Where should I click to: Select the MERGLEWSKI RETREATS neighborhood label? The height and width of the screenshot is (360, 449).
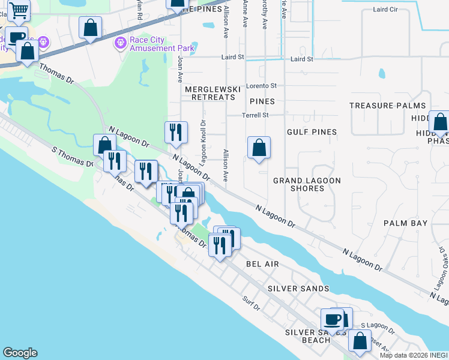coord(209,93)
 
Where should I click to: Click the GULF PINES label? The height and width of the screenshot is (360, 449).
coord(312,132)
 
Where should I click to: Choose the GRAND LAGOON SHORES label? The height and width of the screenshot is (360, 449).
coord(307,184)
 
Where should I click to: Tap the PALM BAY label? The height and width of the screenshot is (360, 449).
coord(406,223)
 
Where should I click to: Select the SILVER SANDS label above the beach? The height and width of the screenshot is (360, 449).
coord(298,289)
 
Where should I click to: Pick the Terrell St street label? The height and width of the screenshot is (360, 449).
coord(255,115)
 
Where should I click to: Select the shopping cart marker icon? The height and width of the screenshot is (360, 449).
coord(19,10)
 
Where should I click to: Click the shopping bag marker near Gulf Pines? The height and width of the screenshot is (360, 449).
coord(259,148)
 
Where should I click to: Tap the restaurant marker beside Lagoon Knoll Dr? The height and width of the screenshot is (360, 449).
coord(176,133)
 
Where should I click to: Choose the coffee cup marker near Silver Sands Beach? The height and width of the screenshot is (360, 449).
coord(332,319)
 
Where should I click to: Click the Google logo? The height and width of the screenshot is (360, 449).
coord(20,353)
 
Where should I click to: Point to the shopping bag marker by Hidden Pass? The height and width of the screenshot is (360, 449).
coord(440,123)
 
